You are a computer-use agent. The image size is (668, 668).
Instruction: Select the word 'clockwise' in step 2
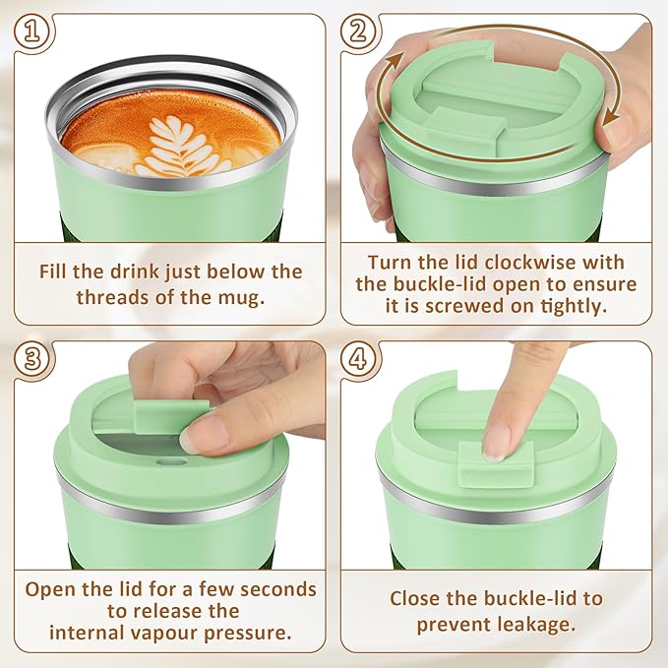coord(564,263)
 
